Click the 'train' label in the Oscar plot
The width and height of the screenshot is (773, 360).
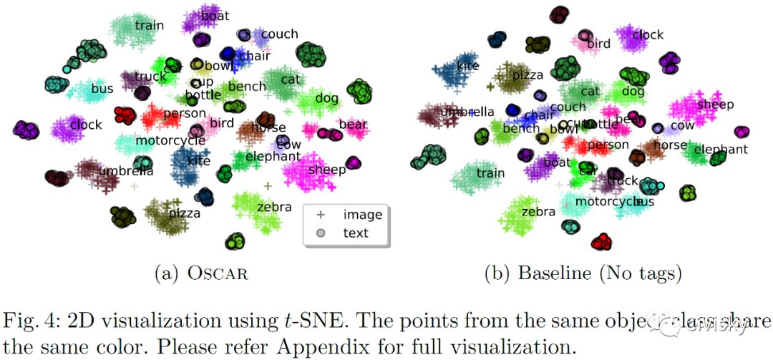point(149,26)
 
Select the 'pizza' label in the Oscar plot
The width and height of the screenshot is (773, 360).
point(184,213)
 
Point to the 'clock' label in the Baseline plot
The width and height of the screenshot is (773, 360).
point(648,34)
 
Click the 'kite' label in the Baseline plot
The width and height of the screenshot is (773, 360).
point(467,66)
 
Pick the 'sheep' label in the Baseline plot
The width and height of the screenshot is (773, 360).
point(715,104)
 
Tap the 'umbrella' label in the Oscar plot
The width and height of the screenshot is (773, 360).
point(126,171)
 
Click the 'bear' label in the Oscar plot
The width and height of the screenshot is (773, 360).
point(353,125)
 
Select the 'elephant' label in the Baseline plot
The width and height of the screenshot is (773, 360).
point(721,150)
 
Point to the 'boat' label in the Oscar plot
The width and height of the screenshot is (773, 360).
point(215,15)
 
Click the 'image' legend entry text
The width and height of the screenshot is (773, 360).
point(363,214)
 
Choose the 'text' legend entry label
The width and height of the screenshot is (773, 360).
point(356,233)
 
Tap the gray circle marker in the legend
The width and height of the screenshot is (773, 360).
point(321,233)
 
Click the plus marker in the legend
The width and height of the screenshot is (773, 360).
point(321,214)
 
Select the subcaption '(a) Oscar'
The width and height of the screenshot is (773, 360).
point(202,273)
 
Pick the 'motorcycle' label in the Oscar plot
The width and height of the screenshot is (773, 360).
point(170,140)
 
